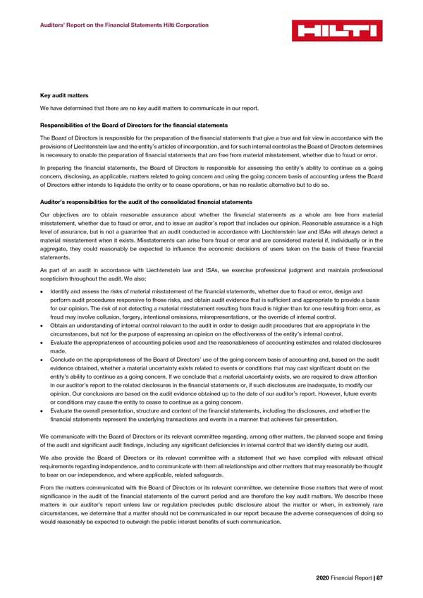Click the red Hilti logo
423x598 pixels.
[x=337, y=31]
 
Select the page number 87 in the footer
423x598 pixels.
[x=379, y=578]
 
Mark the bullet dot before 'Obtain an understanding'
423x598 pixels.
[x=44, y=326]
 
